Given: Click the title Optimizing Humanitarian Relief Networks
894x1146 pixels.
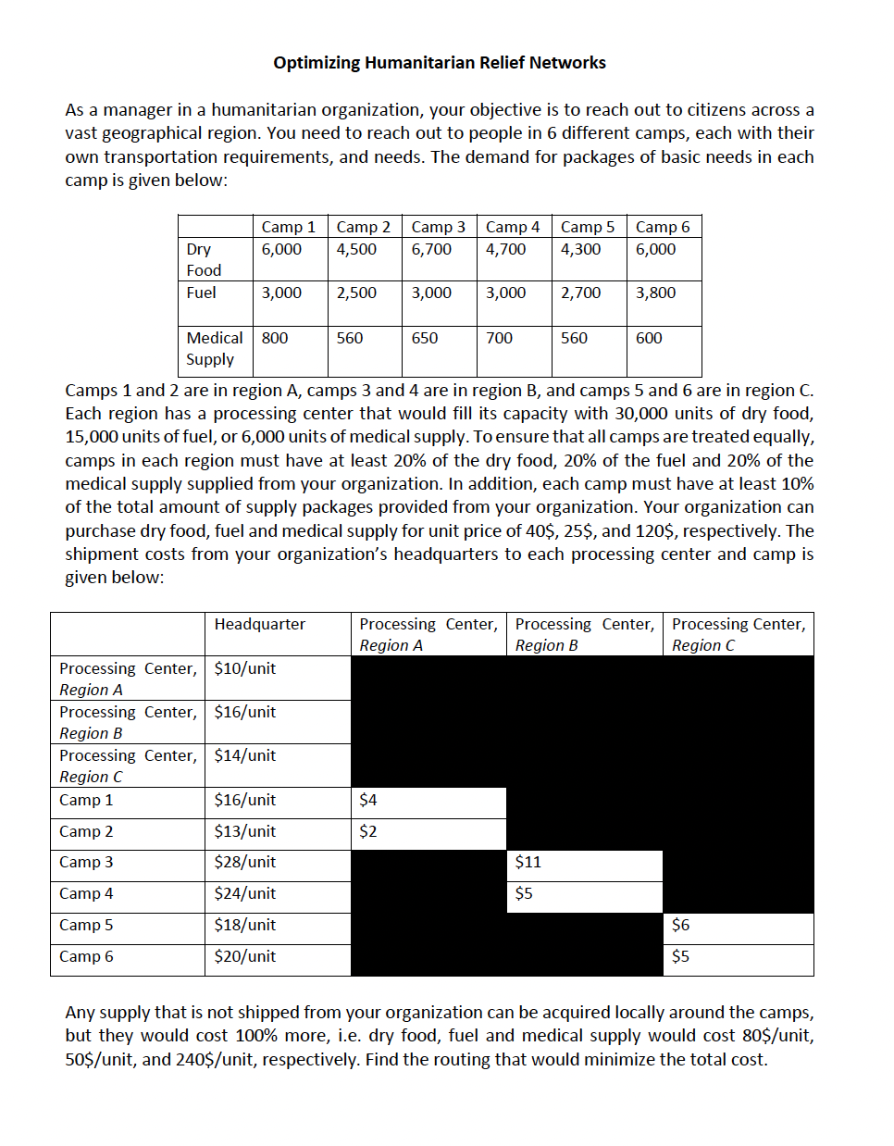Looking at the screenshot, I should [x=440, y=63].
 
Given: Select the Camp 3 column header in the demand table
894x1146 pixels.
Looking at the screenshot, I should [x=438, y=227].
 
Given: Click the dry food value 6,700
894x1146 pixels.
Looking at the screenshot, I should [x=431, y=249].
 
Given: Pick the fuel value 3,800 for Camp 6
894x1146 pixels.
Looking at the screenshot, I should [x=655, y=293].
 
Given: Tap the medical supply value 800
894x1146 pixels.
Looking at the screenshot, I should [x=275, y=338].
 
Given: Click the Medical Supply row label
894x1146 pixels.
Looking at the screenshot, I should [x=214, y=348].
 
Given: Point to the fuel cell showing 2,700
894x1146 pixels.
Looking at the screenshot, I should [x=580, y=293].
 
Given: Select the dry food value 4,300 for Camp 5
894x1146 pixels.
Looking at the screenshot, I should [x=580, y=249].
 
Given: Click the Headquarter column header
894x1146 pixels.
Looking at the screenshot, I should [x=259, y=624].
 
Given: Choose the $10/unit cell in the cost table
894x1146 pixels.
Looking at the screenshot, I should [x=244, y=668].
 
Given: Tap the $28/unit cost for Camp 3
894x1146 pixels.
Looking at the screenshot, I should [x=244, y=862].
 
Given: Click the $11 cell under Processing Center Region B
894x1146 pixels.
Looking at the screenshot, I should [x=528, y=862].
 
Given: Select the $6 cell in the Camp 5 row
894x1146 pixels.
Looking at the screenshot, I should [x=680, y=925].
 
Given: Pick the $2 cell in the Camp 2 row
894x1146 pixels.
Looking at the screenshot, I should [x=368, y=831].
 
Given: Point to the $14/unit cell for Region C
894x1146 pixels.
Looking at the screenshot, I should [x=244, y=755].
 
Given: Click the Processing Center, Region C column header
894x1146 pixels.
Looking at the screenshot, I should [x=738, y=634].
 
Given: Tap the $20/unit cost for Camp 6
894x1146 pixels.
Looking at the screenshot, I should [x=244, y=956].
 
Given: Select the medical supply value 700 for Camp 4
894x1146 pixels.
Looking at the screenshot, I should [x=499, y=338].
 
